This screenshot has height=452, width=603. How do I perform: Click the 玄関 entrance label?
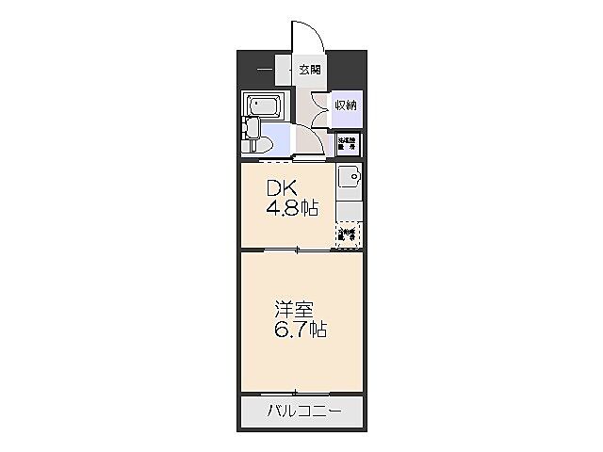[x=310, y=69]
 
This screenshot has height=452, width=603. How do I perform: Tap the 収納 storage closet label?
[x=345, y=105]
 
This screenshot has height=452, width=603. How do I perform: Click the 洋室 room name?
[x=288, y=310]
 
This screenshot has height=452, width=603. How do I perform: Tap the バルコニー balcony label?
[x=301, y=411]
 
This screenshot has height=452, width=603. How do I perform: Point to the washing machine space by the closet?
[x=347, y=143]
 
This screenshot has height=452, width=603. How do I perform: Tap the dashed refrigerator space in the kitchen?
[x=348, y=234]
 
